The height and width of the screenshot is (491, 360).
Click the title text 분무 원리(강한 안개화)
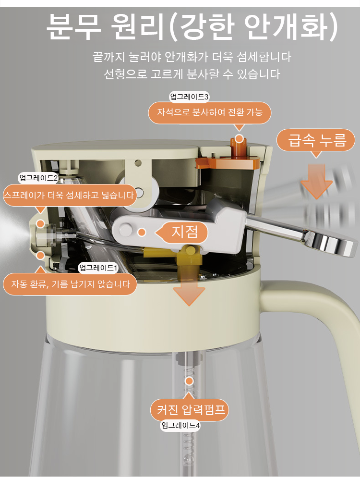pos(192,27)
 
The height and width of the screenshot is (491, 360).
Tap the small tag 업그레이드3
pos(189,97)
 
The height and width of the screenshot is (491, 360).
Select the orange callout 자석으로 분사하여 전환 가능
pos(210,112)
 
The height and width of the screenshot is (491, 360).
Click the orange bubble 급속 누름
pos(316,140)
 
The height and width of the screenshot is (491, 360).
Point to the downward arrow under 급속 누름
pos(316,181)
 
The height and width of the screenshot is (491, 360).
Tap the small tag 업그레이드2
pos(38,178)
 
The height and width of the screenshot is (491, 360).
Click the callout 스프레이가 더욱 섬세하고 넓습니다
pos(69,196)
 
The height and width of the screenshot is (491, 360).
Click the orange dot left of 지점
pos(142,233)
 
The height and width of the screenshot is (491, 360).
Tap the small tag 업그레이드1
pos(98,268)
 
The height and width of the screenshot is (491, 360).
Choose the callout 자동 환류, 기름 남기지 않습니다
pos(71,284)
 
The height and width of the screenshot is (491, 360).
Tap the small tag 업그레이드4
pos(180,426)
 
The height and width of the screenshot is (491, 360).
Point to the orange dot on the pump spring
pos(189,381)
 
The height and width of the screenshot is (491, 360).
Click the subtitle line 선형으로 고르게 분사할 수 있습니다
pos(192,74)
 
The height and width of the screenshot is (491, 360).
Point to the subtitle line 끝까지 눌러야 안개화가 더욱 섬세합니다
pos(192,57)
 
